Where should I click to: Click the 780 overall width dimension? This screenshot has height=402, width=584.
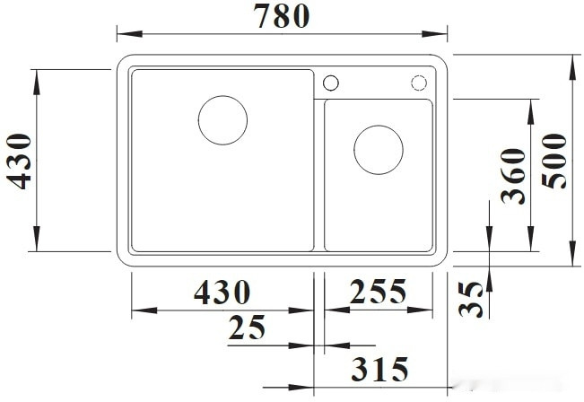[282, 16]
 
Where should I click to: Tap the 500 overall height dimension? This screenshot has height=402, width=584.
[554, 161]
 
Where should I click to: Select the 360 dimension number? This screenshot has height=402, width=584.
[513, 176]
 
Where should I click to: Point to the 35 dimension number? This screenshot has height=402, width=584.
[471, 299]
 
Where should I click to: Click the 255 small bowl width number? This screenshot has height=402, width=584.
[378, 291]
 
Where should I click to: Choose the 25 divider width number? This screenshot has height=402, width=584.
[247, 328]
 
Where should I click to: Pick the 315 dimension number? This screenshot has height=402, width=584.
[379, 369]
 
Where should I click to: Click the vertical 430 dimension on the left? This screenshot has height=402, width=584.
[19, 162]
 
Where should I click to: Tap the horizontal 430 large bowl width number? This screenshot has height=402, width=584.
[222, 292]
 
